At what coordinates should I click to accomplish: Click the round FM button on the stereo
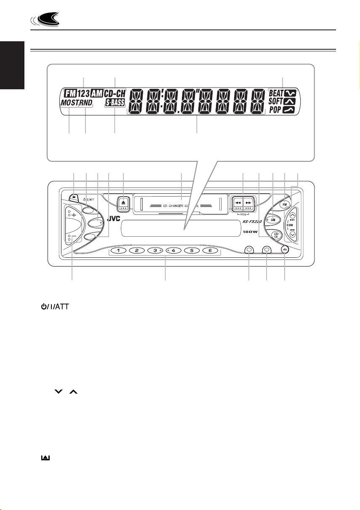(x=285, y=205)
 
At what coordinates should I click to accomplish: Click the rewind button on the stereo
(x=236, y=201)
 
